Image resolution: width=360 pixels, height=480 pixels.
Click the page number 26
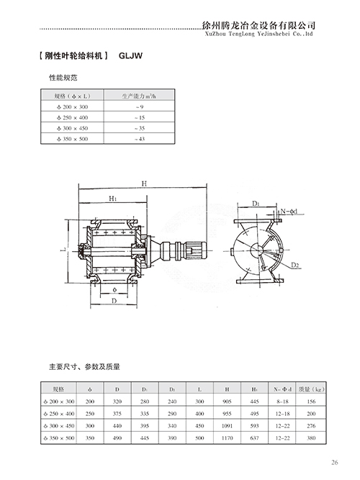coord(335,462)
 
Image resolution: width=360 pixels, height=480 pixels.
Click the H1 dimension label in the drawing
coord(112,198)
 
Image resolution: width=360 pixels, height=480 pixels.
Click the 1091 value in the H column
coord(225,426)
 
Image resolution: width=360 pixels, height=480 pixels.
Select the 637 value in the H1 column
coord(255,437)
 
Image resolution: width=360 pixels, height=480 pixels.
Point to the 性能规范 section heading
coord(62,76)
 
